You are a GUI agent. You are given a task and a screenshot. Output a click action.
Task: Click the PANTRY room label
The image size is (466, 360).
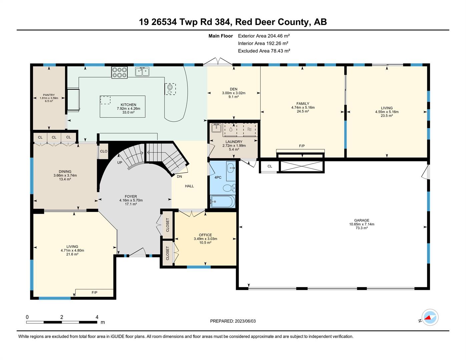49,95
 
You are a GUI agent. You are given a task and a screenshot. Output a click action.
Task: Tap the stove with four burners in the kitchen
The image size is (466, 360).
119,72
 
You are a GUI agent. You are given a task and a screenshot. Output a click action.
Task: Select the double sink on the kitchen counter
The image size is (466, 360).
142,71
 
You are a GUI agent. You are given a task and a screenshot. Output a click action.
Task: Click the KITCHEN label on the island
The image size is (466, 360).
128,105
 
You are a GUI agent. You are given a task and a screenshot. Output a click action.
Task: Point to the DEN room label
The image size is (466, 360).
234,89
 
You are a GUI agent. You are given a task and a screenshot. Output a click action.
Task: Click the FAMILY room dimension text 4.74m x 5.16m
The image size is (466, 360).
303,107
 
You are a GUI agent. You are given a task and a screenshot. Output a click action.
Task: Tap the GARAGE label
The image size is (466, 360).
362,220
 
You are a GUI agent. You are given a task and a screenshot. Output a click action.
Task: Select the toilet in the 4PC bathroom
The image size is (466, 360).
230,188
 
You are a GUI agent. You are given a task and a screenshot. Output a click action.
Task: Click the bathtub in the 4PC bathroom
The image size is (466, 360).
222,201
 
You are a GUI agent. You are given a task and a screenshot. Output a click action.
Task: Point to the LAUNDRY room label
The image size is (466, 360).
234,142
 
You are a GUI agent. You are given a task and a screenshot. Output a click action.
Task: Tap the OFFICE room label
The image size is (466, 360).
205,235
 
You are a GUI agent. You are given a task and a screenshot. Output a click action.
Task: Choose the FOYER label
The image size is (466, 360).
131,196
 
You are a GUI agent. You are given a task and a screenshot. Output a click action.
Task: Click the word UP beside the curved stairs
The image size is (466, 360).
119,163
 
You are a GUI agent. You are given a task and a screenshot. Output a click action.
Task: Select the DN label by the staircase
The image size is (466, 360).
179,177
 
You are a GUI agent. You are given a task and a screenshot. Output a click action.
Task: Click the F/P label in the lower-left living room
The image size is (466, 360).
94,293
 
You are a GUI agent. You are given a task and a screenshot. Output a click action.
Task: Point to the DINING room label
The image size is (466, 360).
65,172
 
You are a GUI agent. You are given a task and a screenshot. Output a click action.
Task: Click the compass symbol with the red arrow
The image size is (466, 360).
430,318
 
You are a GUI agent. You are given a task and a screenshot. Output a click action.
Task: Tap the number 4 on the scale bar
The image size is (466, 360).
97,317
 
